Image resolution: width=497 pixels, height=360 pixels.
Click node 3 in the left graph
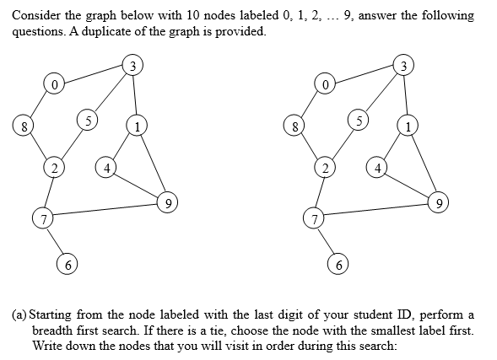130,64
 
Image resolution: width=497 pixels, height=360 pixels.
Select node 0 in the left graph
55,84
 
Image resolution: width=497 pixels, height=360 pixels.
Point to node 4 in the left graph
105,167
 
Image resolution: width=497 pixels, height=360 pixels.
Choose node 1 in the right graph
408,127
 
